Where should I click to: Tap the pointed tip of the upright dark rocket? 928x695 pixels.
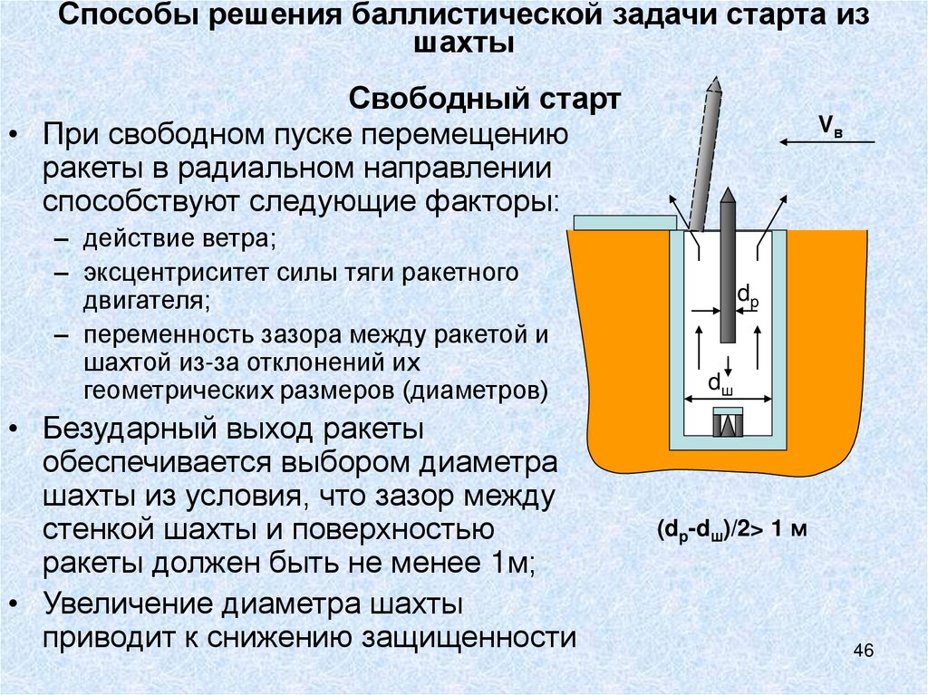727,195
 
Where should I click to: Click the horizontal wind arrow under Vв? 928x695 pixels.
826,142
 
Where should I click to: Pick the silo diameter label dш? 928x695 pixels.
720,383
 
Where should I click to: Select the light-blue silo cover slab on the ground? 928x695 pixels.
624,223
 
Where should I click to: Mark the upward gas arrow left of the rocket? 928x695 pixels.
698,344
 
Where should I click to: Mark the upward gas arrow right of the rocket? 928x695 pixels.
758,344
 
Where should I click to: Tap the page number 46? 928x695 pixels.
863,651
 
